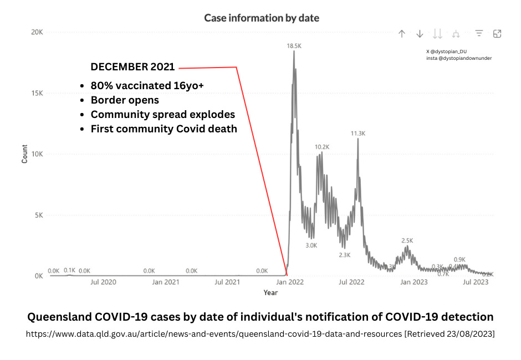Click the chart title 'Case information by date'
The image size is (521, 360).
click(x=261, y=18)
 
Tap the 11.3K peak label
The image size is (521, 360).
click(x=358, y=133)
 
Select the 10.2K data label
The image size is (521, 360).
click(x=322, y=147)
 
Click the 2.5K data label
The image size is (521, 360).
click(x=407, y=240)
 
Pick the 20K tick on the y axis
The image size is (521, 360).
click(x=37, y=32)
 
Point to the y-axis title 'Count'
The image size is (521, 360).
click(x=24, y=153)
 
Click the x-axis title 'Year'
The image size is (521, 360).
click(x=270, y=292)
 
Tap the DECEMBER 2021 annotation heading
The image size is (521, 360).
click(x=132, y=67)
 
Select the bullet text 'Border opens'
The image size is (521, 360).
click(x=125, y=100)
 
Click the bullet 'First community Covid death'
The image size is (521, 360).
click(x=164, y=129)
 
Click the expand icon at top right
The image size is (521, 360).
click(x=497, y=34)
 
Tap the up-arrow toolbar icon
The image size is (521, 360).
click(x=402, y=34)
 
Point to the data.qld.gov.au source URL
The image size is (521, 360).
click(x=213, y=334)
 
